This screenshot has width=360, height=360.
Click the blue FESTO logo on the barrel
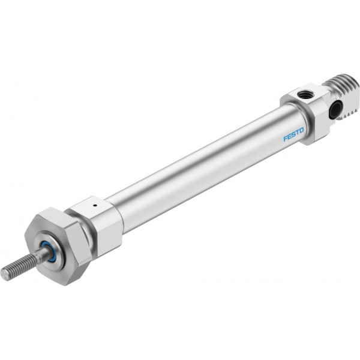pyautogui.click(x=293, y=134)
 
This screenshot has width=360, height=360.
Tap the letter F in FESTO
pyautogui.click(x=286, y=138)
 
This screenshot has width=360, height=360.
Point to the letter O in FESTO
pyautogui.click(x=301, y=131)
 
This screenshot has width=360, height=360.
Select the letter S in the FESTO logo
pyautogui.click(x=293, y=134)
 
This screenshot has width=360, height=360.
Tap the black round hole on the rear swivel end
pyautogui.click(x=335, y=110)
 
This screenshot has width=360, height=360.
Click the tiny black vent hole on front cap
pyautogui.click(x=94, y=205)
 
